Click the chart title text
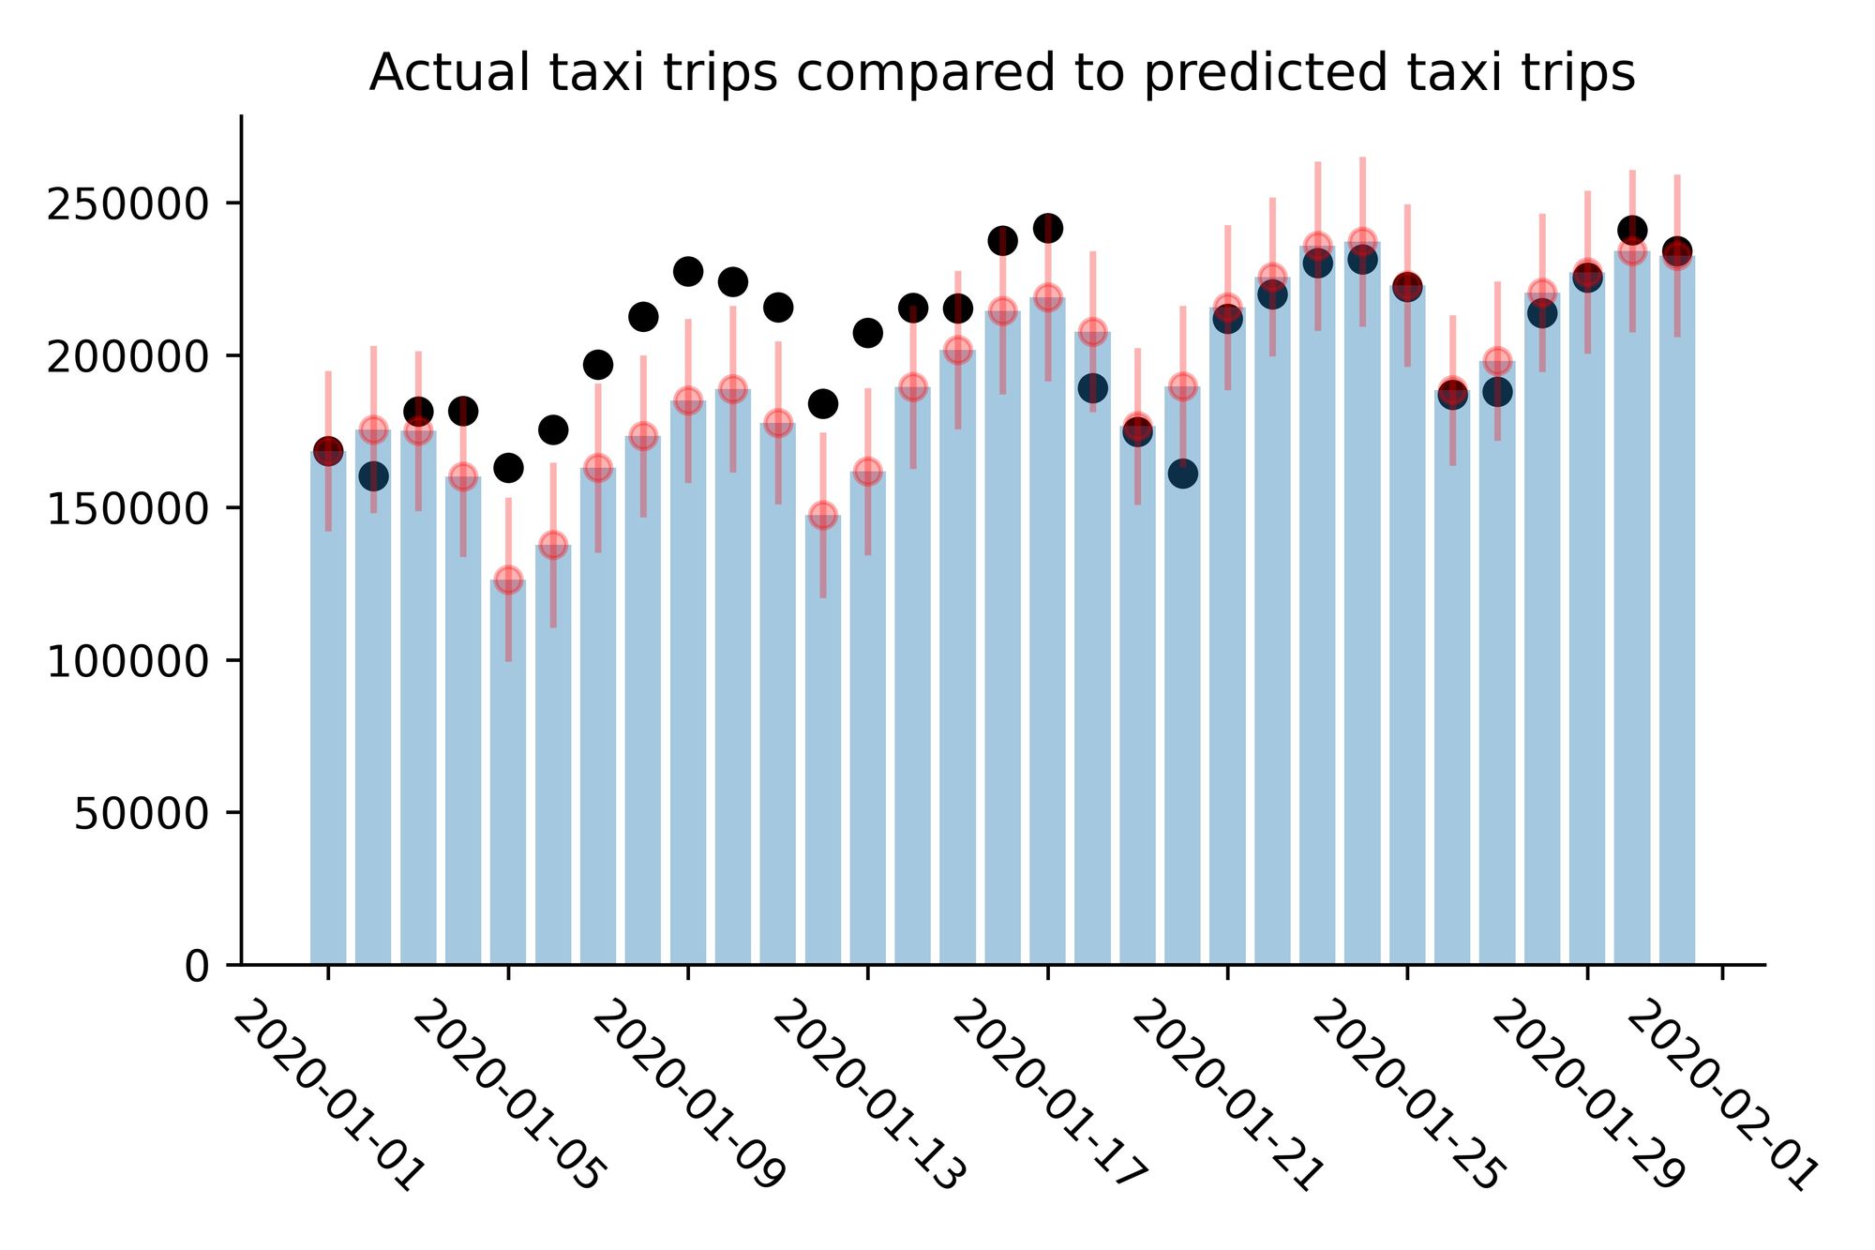tap(1001, 73)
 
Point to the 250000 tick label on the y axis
tap(127, 203)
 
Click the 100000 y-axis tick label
tap(127, 661)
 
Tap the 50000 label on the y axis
tap(141, 814)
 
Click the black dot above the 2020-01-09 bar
tap(688, 272)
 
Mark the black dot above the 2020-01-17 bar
tap(1047, 227)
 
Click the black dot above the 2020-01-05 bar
tap(508, 467)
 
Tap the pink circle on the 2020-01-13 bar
tap(867, 470)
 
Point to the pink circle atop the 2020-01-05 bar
tap(508, 579)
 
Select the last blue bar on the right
tap(1677, 610)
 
